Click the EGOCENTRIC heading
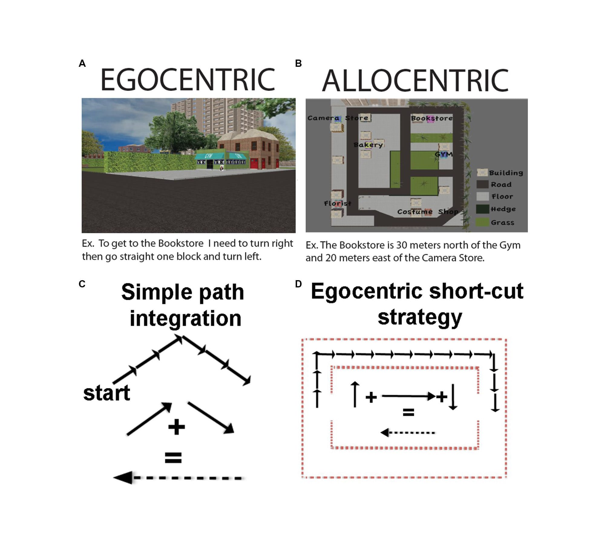click(188, 80)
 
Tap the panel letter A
click(82, 63)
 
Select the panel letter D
click(298, 284)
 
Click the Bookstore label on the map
click(432, 118)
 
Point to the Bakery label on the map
click(368, 145)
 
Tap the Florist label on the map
click(338, 203)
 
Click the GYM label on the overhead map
click(444, 154)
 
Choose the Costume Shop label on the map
click(428, 212)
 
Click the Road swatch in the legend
click(482, 184)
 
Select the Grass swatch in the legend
click(482, 222)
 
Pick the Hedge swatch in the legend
click(482, 209)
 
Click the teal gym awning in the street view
click(209, 156)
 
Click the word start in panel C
click(107, 393)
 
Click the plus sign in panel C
click(176, 427)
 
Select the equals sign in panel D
click(408, 412)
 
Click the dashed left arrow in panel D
click(407, 433)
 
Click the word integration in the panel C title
click(185, 319)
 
